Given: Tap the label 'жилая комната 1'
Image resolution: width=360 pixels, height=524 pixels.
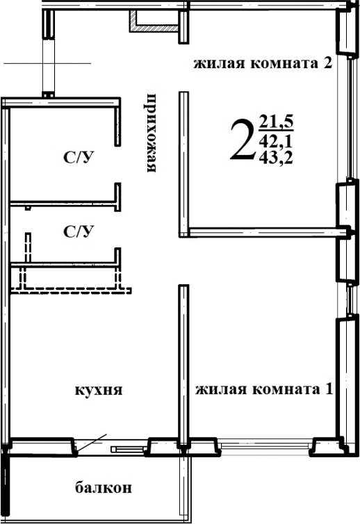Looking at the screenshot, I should (x=263, y=389).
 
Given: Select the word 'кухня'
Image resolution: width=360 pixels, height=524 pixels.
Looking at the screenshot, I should (x=99, y=390).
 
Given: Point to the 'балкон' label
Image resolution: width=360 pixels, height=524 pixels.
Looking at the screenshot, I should (x=103, y=487).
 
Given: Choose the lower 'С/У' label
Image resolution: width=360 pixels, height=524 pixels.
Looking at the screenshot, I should (x=79, y=231).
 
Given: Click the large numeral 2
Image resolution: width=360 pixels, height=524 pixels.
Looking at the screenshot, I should (x=241, y=139).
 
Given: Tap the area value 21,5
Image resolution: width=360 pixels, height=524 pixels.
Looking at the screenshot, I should (x=277, y=124).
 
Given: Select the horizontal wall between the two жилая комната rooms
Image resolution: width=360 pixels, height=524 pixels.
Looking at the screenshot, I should (x=264, y=229).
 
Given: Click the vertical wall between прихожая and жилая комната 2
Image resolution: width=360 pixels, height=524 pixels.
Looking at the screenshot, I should (x=183, y=163).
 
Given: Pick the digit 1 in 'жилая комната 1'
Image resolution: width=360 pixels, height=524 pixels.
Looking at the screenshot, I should (x=327, y=389).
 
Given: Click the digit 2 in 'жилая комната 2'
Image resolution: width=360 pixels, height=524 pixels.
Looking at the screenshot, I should (x=325, y=65).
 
